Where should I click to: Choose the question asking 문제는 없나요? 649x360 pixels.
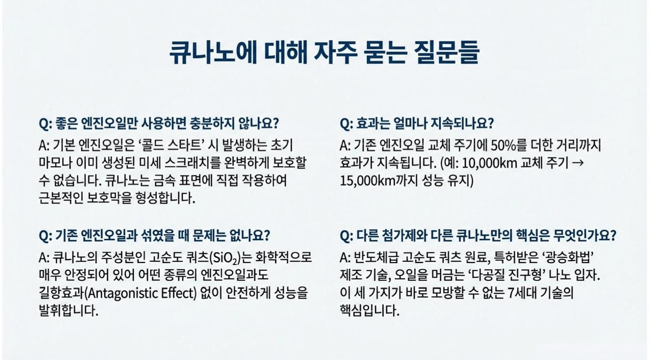(155, 236)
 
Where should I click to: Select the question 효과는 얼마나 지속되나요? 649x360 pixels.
(417, 123)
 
